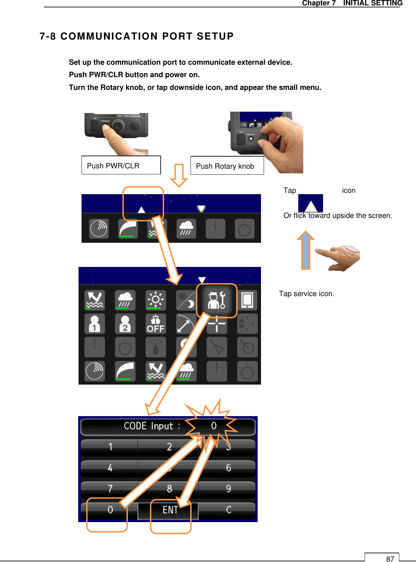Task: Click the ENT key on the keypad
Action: tap(170, 510)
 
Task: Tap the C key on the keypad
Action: tap(228, 510)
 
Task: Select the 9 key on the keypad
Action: tap(228, 489)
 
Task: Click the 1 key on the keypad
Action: tap(110, 447)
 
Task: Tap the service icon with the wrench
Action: tap(217, 300)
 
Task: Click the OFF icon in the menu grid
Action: tap(155, 324)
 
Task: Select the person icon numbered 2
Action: tap(125, 324)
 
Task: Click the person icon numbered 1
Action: tap(95, 324)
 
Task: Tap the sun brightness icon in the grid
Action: tap(155, 300)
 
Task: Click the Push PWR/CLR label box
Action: tap(121, 165)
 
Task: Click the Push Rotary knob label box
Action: tap(227, 166)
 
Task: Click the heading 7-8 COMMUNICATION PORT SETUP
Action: tap(137, 36)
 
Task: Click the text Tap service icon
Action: tap(306, 294)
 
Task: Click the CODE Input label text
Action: tap(152, 426)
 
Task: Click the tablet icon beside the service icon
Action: tap(247, 300)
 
